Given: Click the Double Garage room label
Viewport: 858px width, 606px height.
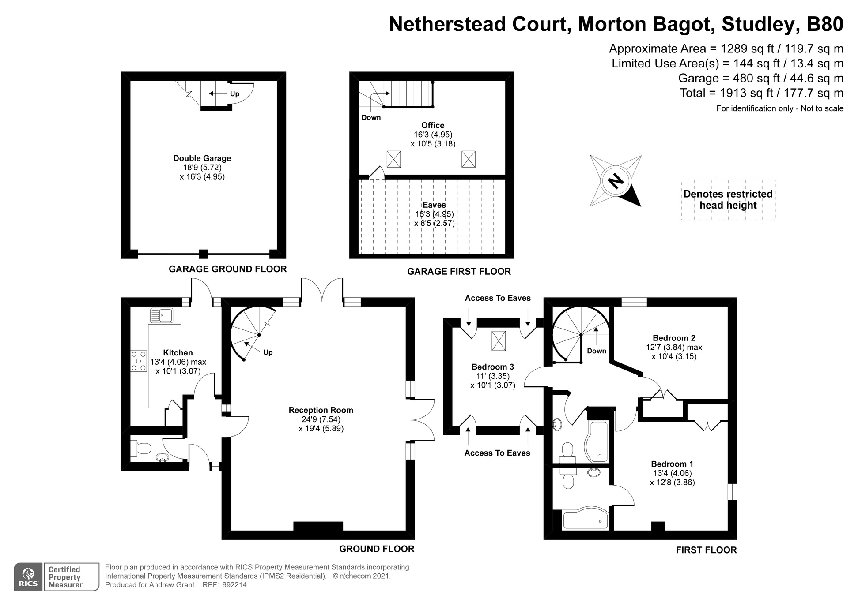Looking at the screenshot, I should coord(202,158).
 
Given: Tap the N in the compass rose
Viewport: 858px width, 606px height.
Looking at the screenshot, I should coord(616,180).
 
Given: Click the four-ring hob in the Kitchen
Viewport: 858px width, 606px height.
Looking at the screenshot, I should coord(139,361).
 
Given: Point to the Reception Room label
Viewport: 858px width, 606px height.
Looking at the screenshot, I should coord(321,410).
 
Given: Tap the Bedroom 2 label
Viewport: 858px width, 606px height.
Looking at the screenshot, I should coord(674,338).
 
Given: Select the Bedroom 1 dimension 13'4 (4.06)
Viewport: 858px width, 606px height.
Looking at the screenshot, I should coord(672,473).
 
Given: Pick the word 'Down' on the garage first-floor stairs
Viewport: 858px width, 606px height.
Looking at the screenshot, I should coord(371,117).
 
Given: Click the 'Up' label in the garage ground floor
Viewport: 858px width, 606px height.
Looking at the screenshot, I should coord(234,94).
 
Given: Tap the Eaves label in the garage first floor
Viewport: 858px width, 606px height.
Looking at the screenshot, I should coord(434,205).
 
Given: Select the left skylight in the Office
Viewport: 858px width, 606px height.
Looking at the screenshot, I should coord(393,159).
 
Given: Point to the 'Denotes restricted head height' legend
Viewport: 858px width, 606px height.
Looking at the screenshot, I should coord(728,200).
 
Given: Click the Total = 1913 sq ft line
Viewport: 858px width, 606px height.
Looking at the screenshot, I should coord(761,93).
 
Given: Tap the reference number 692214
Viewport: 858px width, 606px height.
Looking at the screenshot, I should coord(234,585).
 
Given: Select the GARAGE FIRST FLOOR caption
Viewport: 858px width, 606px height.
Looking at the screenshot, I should coord(459,272).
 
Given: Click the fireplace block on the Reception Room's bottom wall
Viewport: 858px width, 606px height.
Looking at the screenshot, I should coord(318,526).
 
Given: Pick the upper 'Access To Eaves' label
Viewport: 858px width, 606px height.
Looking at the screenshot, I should coord(498,298).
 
